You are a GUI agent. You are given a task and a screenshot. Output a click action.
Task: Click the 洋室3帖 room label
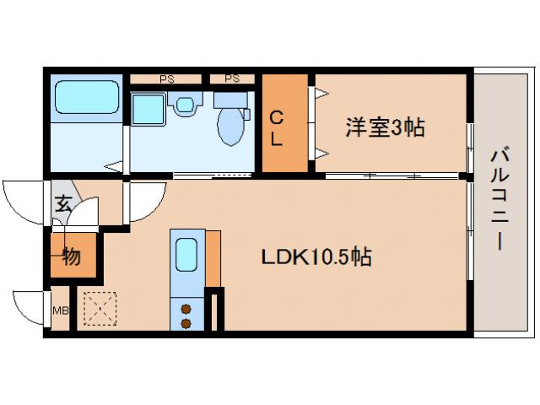384,128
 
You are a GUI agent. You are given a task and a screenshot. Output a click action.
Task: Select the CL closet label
277,129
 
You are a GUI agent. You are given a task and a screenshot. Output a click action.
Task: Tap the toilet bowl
229,127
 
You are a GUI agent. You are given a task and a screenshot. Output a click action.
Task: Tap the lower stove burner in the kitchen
186,322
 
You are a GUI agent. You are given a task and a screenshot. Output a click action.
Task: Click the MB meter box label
61,310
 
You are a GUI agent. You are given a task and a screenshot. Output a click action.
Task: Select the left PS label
166,78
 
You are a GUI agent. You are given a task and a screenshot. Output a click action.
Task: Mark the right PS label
232,78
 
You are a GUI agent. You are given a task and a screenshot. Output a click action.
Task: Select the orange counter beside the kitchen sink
213,257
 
